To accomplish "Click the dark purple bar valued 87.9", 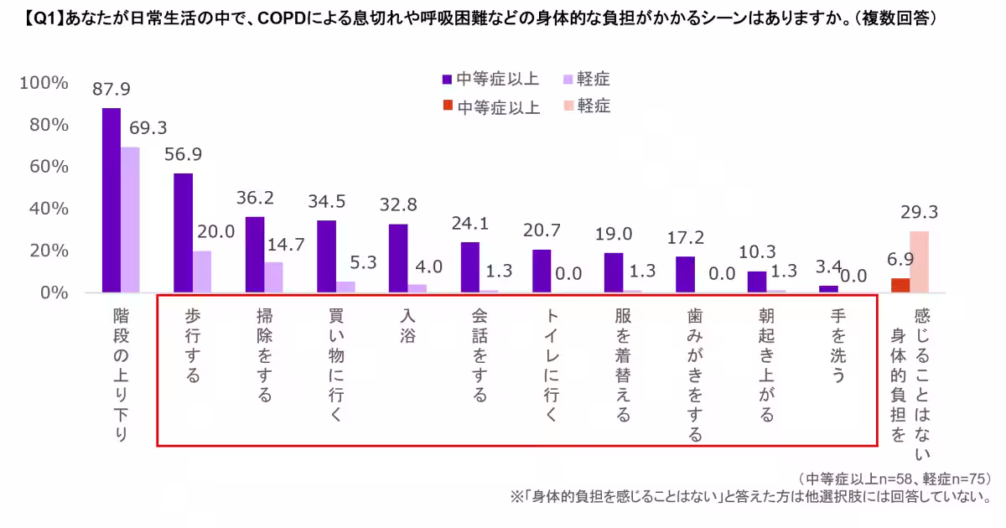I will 111,200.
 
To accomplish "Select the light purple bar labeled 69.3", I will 130,220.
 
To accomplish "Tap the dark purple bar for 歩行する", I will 183,233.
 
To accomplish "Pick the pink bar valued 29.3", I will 919,261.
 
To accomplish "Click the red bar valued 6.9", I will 900,285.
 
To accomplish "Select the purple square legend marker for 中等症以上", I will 448,80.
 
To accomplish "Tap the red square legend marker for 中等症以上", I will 448,106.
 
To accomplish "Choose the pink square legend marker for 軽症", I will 568,106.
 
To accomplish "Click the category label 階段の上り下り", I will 121,374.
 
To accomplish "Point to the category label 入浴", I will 409,327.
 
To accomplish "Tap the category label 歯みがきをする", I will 695,374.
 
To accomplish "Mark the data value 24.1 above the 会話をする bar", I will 469,224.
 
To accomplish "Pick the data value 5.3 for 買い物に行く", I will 364,262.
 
